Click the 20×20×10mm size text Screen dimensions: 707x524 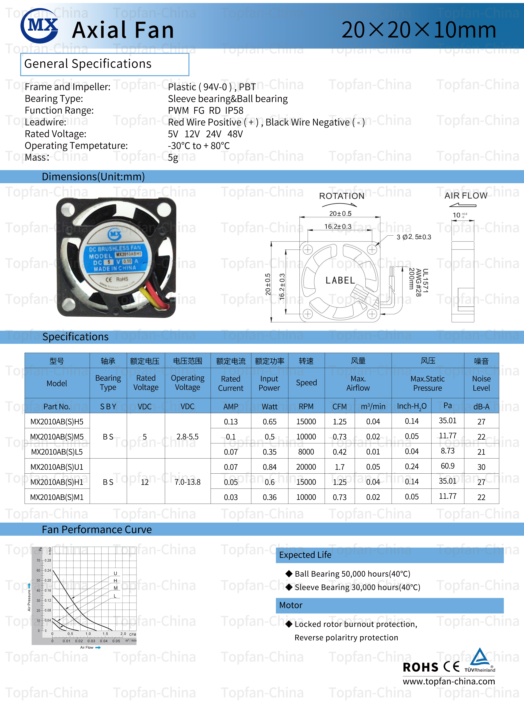419,30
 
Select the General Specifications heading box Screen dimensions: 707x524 105,64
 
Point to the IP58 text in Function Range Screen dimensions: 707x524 234,110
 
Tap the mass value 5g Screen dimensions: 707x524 173,157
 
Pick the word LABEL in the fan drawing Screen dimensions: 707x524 340,280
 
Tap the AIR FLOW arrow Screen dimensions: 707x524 463,205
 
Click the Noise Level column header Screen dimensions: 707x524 481,383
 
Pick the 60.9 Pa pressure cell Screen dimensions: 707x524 448,466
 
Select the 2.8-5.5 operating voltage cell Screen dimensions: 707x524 187,437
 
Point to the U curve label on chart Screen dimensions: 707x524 115,573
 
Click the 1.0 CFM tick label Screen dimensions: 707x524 88,634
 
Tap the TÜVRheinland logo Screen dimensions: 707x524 480,661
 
